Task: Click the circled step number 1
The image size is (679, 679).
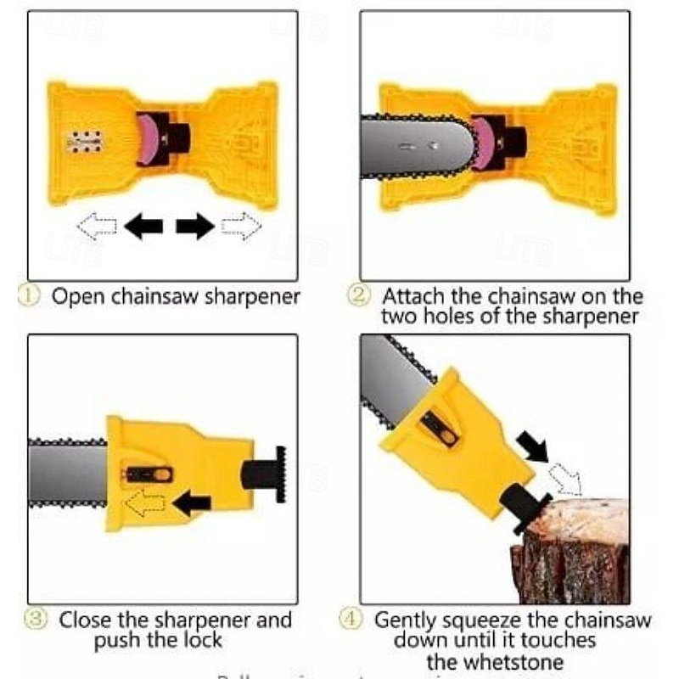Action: click(30, 297)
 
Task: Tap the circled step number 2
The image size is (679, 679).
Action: click(361, 297)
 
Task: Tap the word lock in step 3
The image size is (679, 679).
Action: click(199, 640)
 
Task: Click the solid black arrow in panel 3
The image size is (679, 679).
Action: click(192, 505)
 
